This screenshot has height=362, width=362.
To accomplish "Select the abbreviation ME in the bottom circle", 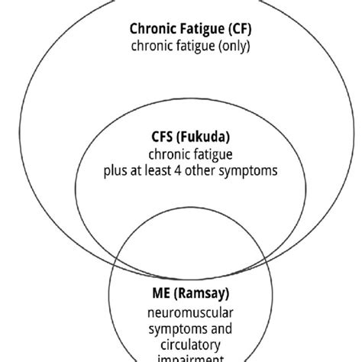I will [157, 292].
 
